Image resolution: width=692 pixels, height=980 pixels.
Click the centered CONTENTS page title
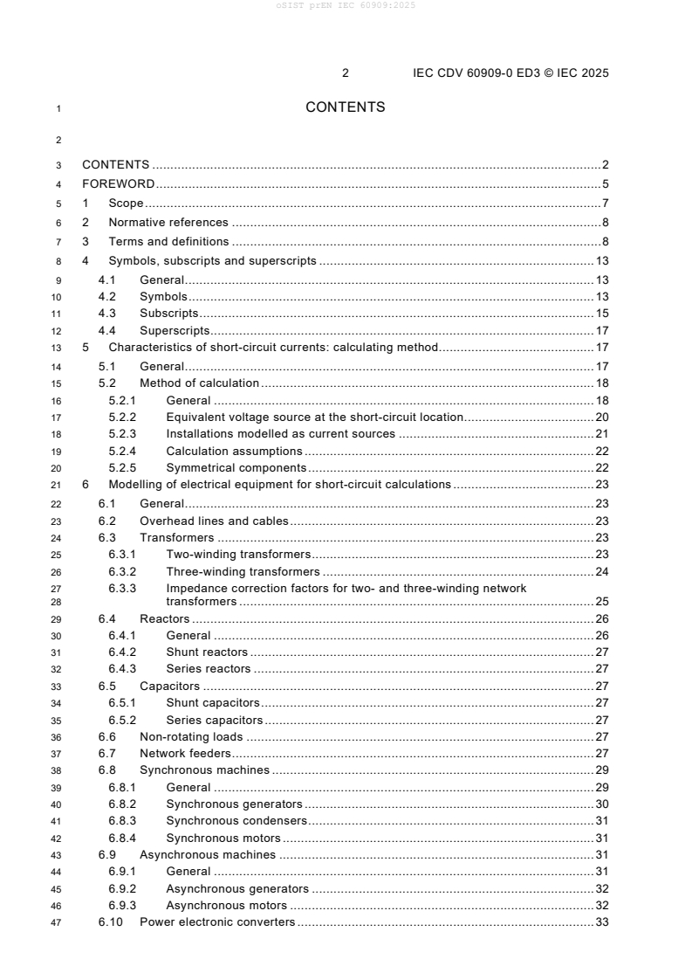point(345,107)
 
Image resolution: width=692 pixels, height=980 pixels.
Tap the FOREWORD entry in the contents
point(119,183)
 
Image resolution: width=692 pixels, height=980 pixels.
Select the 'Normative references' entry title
point(168,223)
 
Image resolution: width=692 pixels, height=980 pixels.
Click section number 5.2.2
point(122,418)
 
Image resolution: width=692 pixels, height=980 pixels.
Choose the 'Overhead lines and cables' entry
point(215,521)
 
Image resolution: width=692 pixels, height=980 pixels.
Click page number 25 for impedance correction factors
point(601,602)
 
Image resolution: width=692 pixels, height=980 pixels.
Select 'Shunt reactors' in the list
point(208,652)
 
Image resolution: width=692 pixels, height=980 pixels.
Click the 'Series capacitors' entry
point(215,721)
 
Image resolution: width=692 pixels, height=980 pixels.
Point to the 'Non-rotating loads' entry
point(192,737)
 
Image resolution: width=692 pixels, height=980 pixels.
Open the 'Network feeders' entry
point(186,754)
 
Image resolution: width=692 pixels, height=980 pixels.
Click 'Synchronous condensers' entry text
point(237,821)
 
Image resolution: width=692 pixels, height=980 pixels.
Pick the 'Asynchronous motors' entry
point(227,906)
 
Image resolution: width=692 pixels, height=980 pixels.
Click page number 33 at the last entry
point(601,922)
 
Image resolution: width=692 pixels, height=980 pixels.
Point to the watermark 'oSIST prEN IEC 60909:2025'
point(346,5)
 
